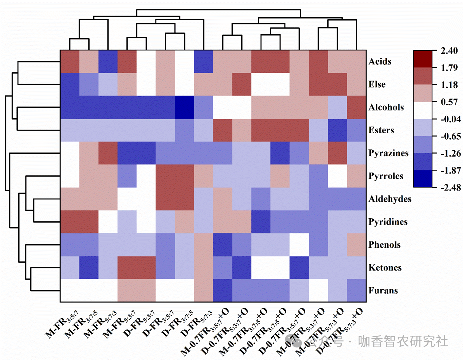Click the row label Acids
point(380,62)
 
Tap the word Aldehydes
point(390,199)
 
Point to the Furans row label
point(383,290)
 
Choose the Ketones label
point(385,268)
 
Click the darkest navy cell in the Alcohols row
point(184,107)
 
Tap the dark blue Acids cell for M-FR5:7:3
point(108,62)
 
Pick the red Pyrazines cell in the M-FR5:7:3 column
point(108,153)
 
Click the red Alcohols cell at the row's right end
point(356,107)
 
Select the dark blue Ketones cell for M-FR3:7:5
point(89,268)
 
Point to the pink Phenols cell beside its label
point(356,245)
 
